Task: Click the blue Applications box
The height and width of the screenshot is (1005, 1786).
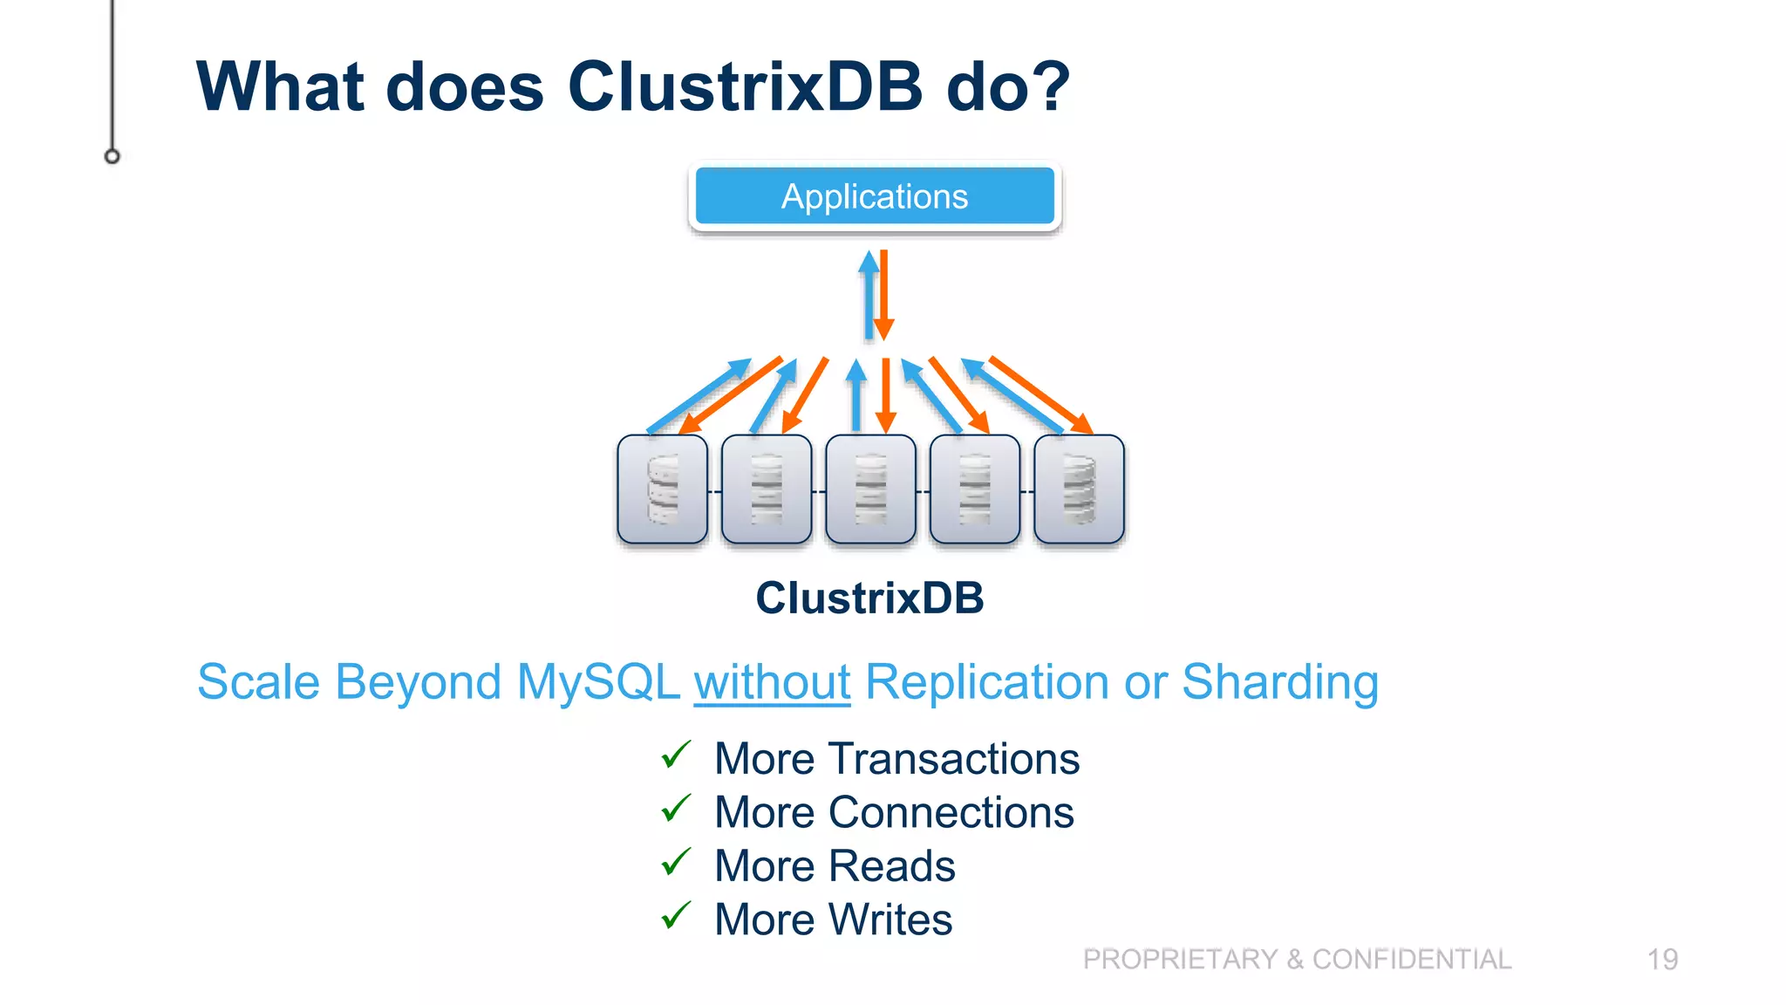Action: (x=875, y=196)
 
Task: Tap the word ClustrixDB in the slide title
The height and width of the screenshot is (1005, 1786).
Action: (x=745, y=87)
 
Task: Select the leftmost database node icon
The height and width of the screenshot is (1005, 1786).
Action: (x=662, y=489)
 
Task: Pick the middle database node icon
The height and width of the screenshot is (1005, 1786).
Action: (x=870, y=489)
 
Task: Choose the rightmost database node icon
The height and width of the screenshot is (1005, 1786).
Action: (x=1079, y=489)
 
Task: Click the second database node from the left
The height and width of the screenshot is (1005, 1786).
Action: (x=767, y=489)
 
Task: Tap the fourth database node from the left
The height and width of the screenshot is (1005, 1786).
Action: (x=975, y=489)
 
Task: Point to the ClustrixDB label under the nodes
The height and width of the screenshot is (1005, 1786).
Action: (x=869, y=598)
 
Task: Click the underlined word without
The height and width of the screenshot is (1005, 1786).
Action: (x=772, y=682)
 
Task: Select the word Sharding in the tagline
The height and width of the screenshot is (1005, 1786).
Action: (x=1279, y=682)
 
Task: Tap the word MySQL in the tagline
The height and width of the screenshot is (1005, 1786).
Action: (x=597, y=682)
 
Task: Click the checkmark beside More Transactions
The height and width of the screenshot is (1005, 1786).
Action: (x=676, y=755)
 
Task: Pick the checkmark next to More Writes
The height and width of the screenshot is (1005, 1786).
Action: (x=676, y=916)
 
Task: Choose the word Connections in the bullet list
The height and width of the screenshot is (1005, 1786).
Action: (x=951, y=813)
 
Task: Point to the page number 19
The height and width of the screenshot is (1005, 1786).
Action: (x=1662, y=960)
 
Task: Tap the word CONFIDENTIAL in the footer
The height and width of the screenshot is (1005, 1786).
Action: (x=1412, y=960)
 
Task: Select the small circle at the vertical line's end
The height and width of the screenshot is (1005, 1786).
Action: (x=112, y=156)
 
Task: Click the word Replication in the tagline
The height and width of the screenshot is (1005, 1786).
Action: (x=986, y=682)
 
